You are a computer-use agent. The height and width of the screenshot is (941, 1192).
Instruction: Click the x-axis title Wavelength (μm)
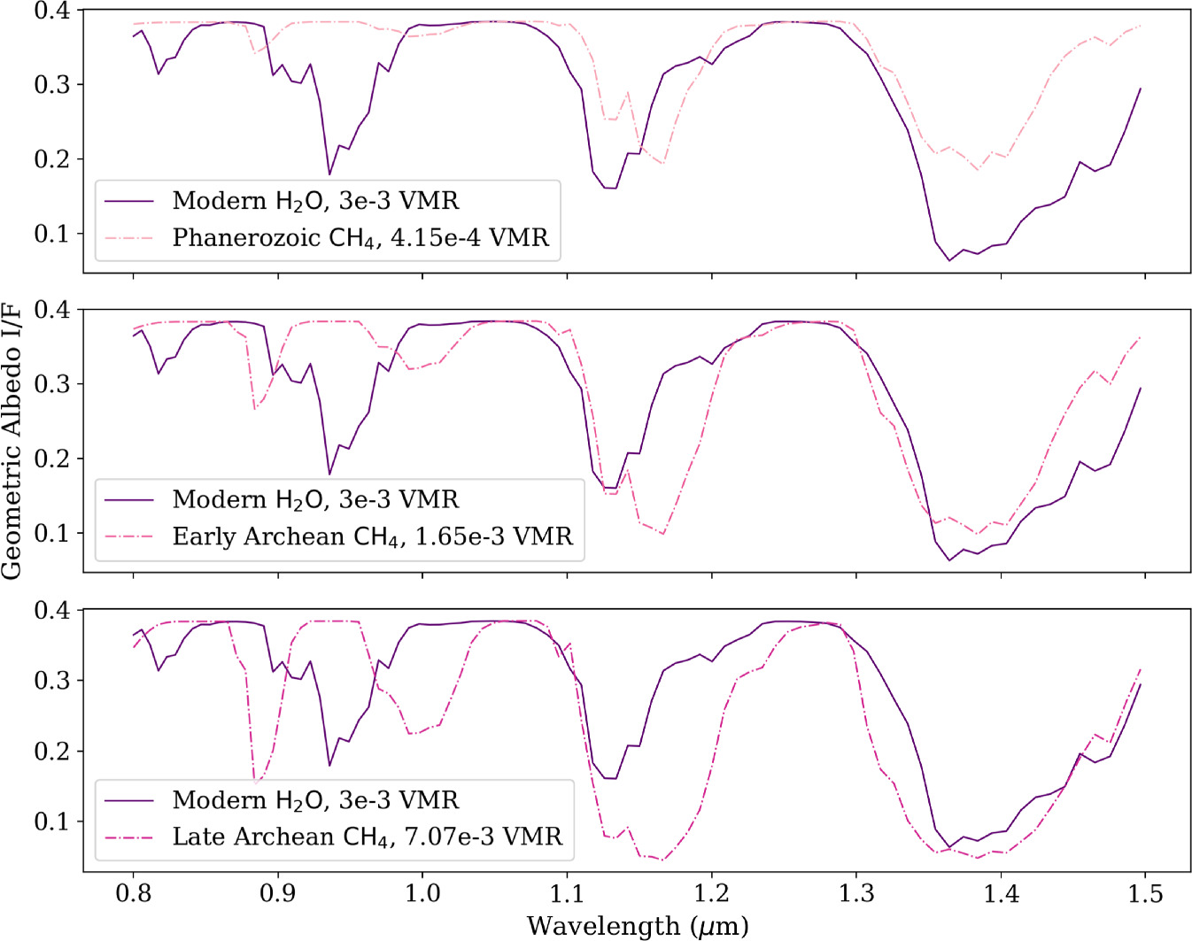[x=638, y=926]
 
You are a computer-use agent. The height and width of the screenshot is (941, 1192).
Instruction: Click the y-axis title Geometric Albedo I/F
[x=12, y=440]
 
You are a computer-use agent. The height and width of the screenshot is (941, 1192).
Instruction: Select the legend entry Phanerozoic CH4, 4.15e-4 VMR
[x=360, y=238]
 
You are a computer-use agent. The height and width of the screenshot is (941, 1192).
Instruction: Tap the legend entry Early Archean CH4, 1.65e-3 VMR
[x=372, y=537]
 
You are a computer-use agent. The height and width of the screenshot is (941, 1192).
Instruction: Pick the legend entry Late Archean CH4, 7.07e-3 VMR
[x=367, y=837]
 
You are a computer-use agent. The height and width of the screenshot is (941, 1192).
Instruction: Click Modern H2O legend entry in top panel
[x=315, y=201]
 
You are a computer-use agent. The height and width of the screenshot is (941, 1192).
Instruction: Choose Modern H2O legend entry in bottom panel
[x=315, y=800]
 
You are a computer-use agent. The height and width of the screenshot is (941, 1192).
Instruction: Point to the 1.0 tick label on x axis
[x=422, y=894]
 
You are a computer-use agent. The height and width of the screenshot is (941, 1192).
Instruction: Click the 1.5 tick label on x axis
[x=1145, y=894]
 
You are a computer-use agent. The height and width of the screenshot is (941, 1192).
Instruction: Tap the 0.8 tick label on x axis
[x=134, y=894]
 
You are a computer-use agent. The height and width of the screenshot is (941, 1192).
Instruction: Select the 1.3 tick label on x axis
[x=855, y=894]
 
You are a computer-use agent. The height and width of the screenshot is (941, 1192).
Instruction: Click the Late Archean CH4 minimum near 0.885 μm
[x=256, y=783]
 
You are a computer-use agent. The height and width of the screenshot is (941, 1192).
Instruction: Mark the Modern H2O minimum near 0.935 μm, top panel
[x=329, y=174]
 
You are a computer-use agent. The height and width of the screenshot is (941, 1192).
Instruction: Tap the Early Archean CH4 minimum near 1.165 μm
[x=662, y=534]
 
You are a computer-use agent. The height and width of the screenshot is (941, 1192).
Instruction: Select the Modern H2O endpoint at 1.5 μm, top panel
[x=1141, y=89]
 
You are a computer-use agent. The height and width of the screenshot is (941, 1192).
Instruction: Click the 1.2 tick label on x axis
[x=711, y=894]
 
